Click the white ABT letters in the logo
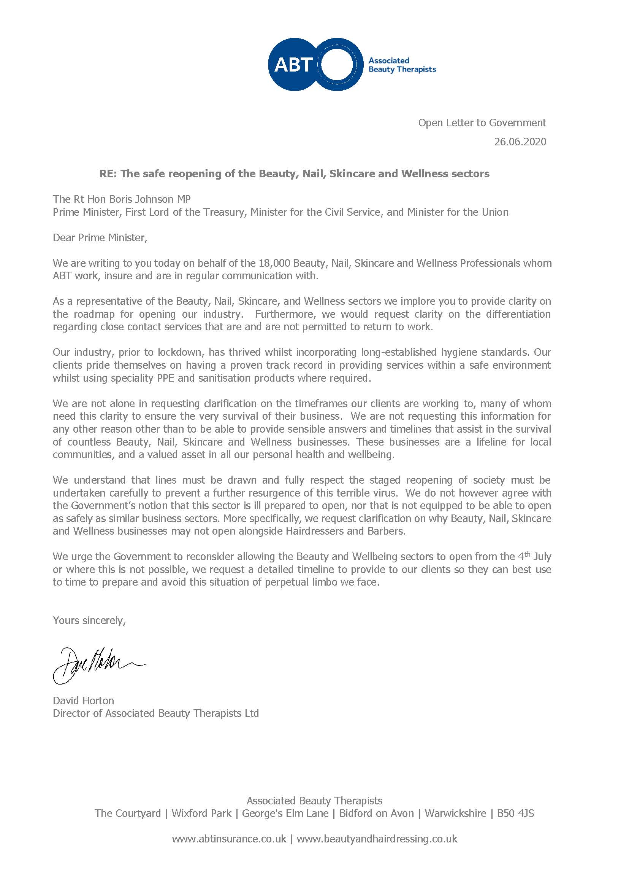293,64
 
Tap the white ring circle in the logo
337,64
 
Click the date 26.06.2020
520,142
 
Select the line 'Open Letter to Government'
482,123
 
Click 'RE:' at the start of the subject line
108,174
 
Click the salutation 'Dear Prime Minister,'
100,237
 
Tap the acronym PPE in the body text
166,378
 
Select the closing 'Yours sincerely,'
89,621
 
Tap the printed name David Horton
83,701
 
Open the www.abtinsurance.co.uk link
229,839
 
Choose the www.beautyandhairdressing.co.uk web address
377,839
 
